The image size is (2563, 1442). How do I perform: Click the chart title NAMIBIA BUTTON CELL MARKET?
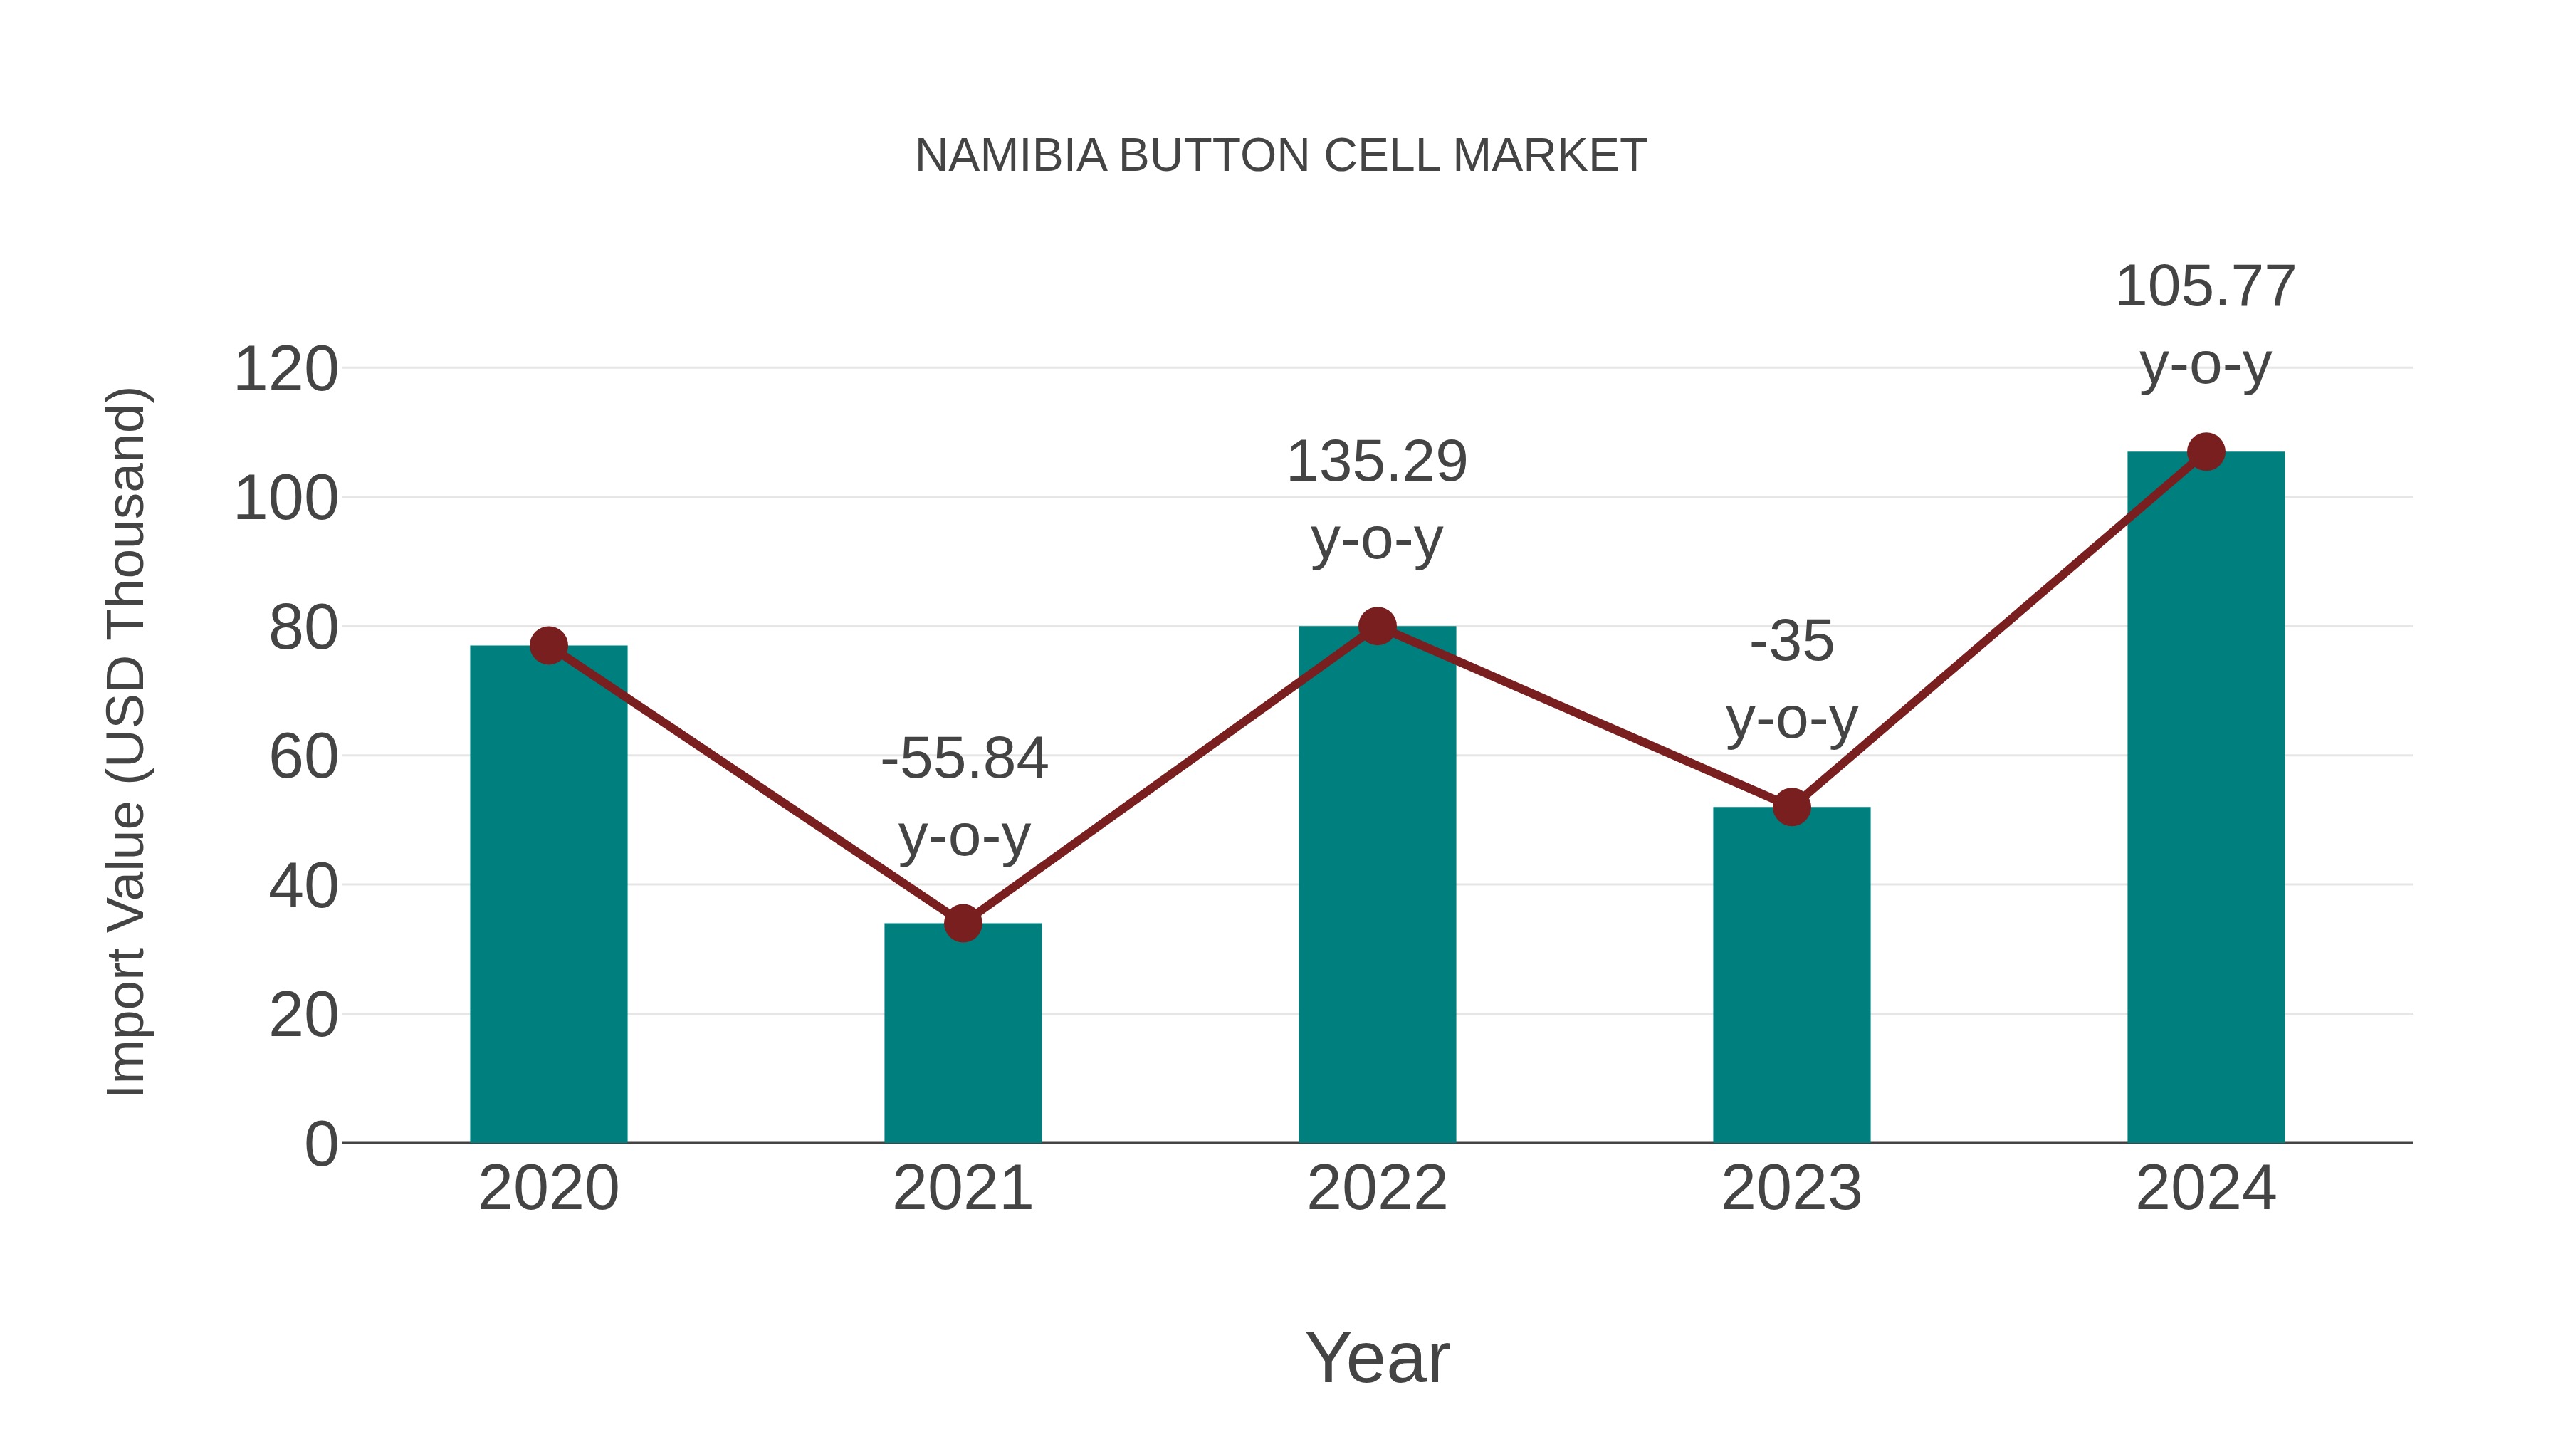click(x=1281, y=156)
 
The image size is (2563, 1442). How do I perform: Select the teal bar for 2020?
click(x=548, y=896)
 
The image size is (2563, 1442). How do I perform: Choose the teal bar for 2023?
click(x=1791, y=976)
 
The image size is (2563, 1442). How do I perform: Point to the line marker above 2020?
click(x=548, y=646)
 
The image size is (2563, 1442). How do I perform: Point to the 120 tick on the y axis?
click(x=285, y=370)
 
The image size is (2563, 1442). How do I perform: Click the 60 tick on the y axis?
click(x=303, y=758)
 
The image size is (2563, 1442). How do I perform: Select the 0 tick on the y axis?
click(x=320, y=1144)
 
